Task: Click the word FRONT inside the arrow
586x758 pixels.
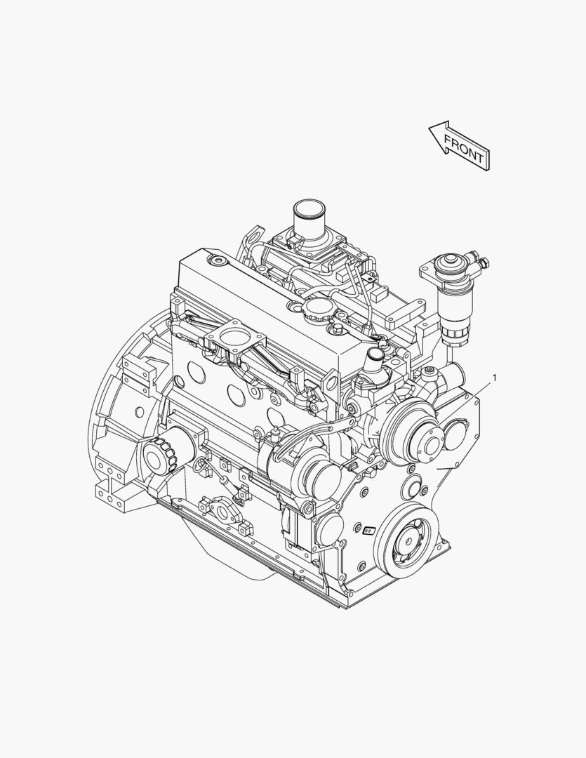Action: pos(463,149)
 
